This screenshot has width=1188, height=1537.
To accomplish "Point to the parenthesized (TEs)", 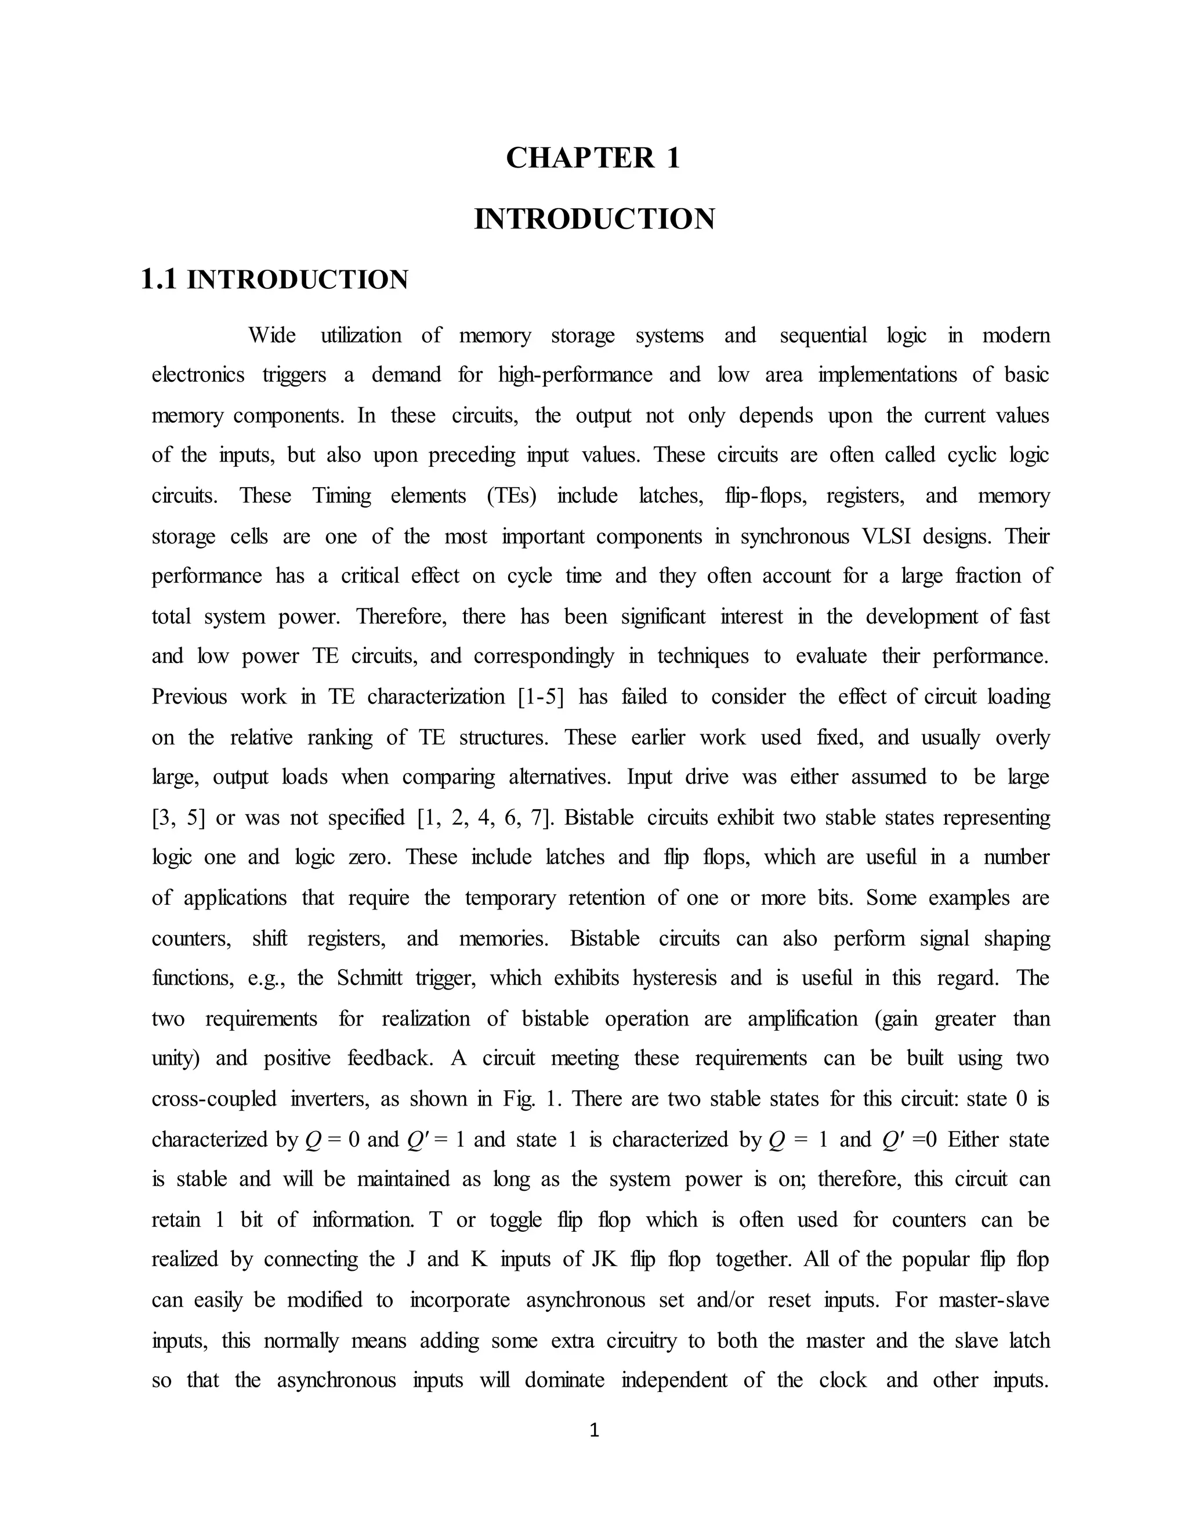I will pyautogui.click(x=511, y=496).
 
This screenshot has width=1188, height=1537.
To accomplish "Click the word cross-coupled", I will pyautogui.click(x=214, y=1099).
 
